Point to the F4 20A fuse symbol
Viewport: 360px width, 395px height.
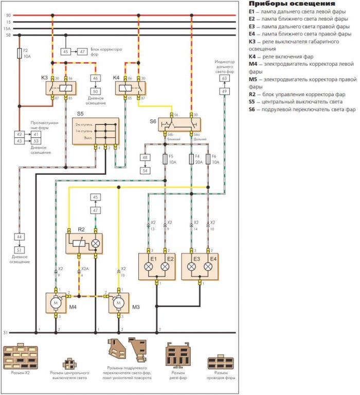click(x=191, y=159)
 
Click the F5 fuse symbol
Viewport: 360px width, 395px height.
click(x=165, y=159)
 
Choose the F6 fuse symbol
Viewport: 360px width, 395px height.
click(x=208, y=159)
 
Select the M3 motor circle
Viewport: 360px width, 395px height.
click(x=118, y=303)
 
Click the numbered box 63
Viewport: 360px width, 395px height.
click(x=224, y=79)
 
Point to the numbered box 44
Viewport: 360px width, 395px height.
click(x=19, y=237)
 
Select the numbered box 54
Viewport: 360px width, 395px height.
click(x=145, y=170)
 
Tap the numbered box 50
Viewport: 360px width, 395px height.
click(x=96, y=91)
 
